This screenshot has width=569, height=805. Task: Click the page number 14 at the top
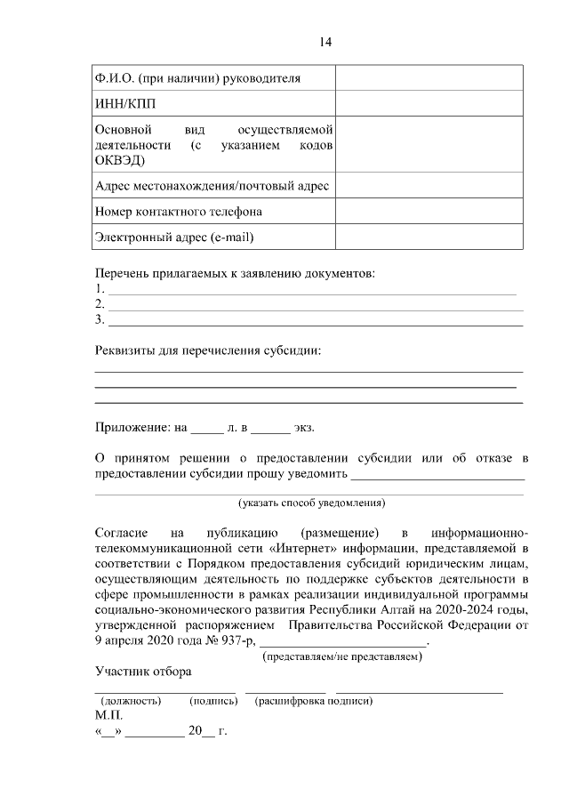click(x=325, y=42)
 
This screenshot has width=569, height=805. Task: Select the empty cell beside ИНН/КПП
click(x=429, y=103)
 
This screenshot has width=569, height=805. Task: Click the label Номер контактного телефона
click(x=179, y=212)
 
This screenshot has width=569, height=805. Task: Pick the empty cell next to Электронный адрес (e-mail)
click(x=429, y=237)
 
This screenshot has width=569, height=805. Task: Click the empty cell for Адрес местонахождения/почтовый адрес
click(x=429, y=186)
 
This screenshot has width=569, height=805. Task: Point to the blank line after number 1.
click(x=311, y=290)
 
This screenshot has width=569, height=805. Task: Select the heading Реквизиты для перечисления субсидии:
click(x=208, y=350)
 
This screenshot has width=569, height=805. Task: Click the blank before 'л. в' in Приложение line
click(x=207, y=428)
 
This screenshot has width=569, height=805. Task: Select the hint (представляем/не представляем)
click(x=342, y=657)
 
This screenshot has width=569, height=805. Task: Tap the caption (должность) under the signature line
click(x=131, y=701)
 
